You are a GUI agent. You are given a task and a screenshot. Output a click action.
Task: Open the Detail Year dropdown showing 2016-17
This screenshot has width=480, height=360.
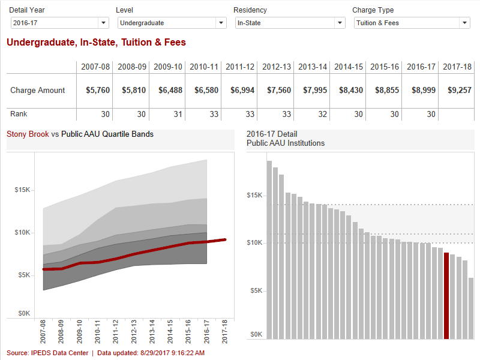tap(59, 23)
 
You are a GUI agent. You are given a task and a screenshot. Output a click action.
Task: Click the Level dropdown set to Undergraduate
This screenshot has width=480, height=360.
tap(172, 23)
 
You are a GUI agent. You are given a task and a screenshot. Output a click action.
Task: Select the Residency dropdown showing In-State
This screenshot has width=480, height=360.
tap(289, 23)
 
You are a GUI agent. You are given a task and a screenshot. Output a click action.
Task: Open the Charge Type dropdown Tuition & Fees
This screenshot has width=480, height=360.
tap(412, 23)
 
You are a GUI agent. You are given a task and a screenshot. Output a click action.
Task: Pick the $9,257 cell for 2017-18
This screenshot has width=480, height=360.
tap(459, 91)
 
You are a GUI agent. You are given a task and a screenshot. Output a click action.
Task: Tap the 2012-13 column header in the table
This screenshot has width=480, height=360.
tap(277, 67)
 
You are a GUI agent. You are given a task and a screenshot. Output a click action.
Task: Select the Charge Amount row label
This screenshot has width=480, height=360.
tap(37, 91)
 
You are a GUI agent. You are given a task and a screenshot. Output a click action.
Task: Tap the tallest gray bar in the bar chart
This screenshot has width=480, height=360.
tap(269, 250)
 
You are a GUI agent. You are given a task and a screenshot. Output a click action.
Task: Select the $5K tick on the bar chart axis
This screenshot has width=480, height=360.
tap(256, 290)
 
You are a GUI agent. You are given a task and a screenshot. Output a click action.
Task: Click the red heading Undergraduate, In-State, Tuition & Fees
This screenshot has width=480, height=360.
tap(96, 43)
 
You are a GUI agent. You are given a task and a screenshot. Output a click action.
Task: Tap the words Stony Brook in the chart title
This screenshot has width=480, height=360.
tap(28, 134)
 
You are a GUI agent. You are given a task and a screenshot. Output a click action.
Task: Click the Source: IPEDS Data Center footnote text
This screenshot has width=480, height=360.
tap(47, 353)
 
